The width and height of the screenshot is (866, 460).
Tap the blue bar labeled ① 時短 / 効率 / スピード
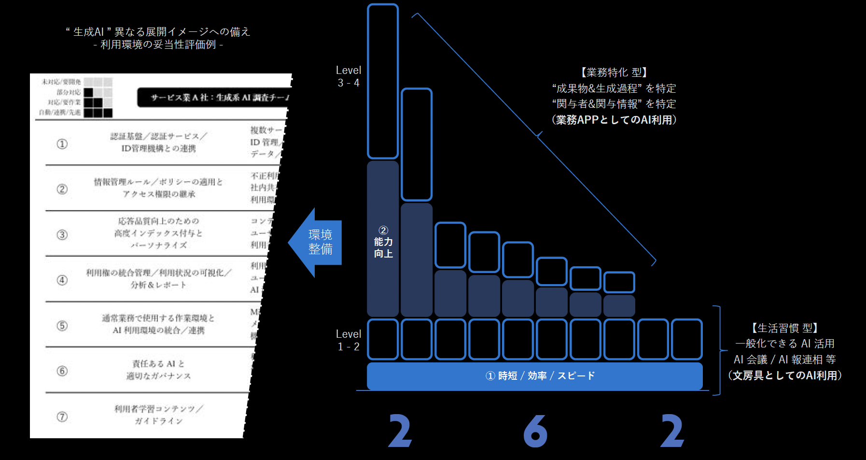534,376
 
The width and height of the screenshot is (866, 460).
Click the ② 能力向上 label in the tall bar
383,242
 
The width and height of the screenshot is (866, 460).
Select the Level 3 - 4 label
348,76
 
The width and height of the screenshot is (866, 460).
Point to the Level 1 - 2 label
348,340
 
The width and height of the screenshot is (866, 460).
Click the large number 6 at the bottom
535,431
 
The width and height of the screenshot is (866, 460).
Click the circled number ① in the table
62,144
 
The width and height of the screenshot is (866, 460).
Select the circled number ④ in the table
62,280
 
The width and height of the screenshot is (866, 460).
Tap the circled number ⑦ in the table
62,417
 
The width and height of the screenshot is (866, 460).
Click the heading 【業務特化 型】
614,72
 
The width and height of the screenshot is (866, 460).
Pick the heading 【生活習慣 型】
784,328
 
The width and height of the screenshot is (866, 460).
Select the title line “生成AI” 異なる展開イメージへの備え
158,32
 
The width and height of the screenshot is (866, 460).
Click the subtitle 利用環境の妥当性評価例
158,45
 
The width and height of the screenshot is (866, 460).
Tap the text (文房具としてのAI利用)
784,375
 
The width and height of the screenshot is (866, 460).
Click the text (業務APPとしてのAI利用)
614,120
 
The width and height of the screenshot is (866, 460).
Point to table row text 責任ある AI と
158,364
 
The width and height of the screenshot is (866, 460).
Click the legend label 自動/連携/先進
60,113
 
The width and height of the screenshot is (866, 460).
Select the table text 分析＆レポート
158,285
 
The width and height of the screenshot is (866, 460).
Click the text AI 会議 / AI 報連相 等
784,359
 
